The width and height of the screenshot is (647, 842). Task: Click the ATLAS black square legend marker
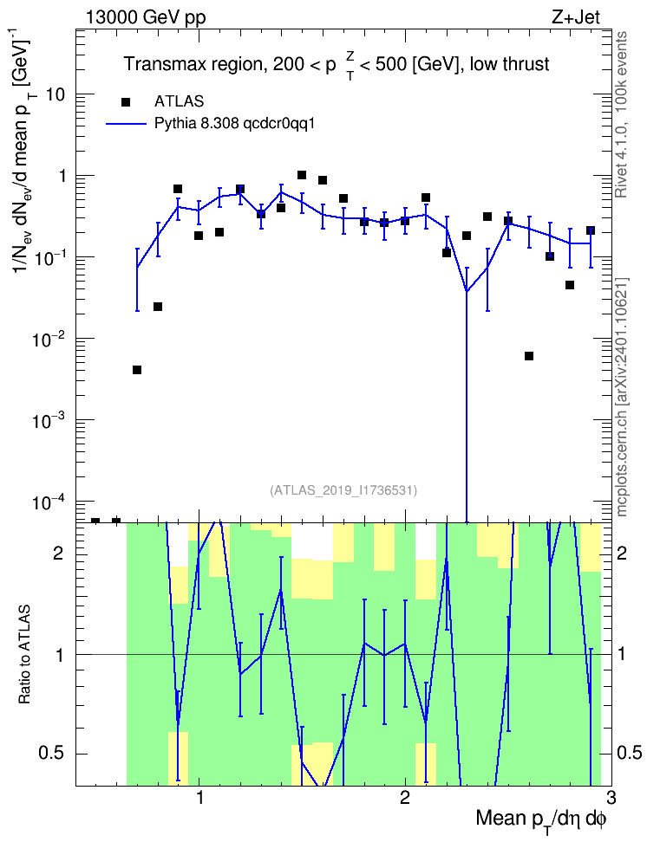[x=126, y=101]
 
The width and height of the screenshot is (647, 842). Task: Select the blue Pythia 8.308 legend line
[x=126, y=124]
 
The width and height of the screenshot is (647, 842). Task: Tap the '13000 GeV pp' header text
[x=145, y=17]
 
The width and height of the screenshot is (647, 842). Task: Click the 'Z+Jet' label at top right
[x=576, y=17]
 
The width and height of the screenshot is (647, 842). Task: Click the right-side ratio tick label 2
[x=622, y=553]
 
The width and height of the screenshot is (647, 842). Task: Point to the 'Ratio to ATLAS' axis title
[x=25, y=654]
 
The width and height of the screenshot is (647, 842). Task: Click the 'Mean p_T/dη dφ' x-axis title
[x=541, y=819]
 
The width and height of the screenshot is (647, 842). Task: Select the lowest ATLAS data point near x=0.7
[x=137, y=370]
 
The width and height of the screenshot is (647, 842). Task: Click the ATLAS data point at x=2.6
[x=529, y=356]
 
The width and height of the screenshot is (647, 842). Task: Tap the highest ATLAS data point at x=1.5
[x=302, y=175]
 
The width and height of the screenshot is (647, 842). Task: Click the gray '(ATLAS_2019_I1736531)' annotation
[x=343, y=490]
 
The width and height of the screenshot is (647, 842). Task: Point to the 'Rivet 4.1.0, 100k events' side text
[x=621, y=114]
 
